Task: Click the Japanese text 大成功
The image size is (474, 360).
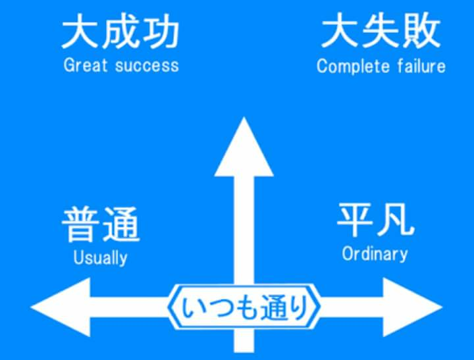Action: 120,34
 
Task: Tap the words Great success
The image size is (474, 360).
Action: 121,65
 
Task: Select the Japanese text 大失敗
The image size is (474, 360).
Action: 381,34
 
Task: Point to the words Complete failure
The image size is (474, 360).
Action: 381,66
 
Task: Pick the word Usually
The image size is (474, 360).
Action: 100,257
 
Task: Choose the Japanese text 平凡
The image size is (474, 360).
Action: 375,220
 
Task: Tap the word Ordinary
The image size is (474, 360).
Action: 375,253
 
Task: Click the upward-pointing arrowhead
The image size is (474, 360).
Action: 244,148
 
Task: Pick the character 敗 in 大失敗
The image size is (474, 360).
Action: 421,34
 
